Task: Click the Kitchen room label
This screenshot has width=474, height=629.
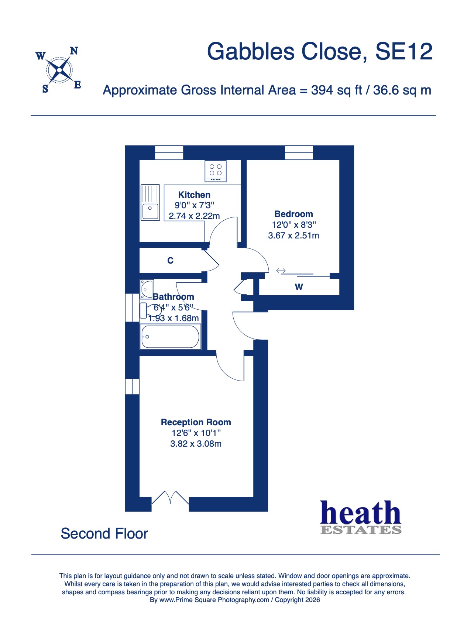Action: pyautogui.click(x=194, y=195)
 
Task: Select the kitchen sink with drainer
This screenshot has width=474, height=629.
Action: pyautogui.click(x=150, y=203)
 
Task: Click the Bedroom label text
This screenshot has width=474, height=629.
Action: pyautogui.click(x=293, y=214)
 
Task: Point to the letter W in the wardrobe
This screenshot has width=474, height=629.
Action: pyautogui.click(x=299, y=287)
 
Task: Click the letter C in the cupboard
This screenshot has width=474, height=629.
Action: pyautogui.click(x=170, y=261)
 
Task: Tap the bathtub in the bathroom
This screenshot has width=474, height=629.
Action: pyautogui.click(x=171, y=337)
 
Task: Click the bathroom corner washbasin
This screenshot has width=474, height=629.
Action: pyautogui.click(x=147, y=289)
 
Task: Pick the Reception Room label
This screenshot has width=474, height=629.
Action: pyautogui.click(x=196, y=422)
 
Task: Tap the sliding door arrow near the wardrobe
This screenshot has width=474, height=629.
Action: pyautogui.click(x=281, y=271)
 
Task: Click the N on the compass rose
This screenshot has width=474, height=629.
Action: pyautogui.click(x=74, y=51)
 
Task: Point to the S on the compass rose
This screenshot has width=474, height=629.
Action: pyautogui.click(x=45, y=89)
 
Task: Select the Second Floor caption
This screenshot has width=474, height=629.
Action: pyautogui.click(x=104, y=534)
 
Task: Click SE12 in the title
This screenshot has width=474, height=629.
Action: pyautogui.click(x=403, y=52)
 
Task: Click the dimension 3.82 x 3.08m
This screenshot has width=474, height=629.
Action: pyautogui.click(x=196, y=444)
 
